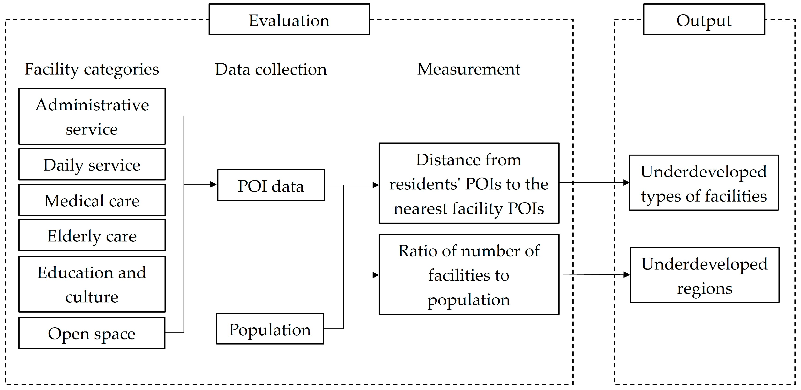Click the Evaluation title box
[x=289, y=20]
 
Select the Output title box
[x=704, y=20]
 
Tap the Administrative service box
[x=92, y=116]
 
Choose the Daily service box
[x=92, y=164]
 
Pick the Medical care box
[x=92, y=200]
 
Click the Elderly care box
[x=92, y=235]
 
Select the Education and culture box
[x=92, y=284]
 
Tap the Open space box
[x=92, y=333]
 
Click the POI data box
[x=271, y=185]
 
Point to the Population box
[x=270, y=329]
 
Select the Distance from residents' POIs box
[x=469, y=183]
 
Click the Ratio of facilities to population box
[x=469, y=274]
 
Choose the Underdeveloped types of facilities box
[x=704, y=183]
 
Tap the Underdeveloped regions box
[x=705, y=275]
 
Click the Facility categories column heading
[x=92, y=69]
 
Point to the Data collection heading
[x=271, y=69]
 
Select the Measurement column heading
[x=469, y=69]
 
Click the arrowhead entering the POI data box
[x=214, y=184]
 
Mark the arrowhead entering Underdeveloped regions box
[x=627, y=275]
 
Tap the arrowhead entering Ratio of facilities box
[x=376, y=275]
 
